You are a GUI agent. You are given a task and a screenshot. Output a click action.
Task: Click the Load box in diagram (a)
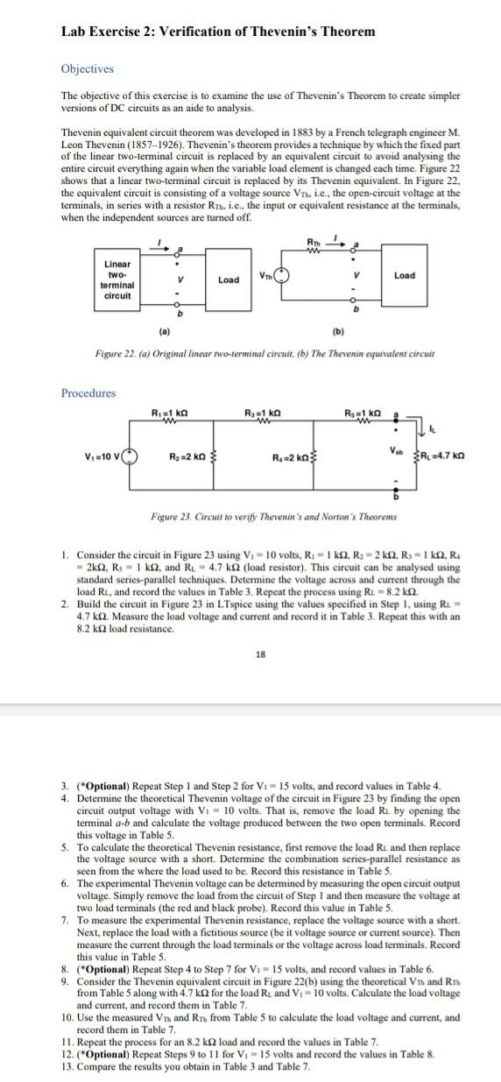[x=228, y=279]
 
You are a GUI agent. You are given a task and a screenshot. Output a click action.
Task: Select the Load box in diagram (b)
[x=405, y=275]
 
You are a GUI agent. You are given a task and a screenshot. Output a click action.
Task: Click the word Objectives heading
[x=87, y=68]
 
